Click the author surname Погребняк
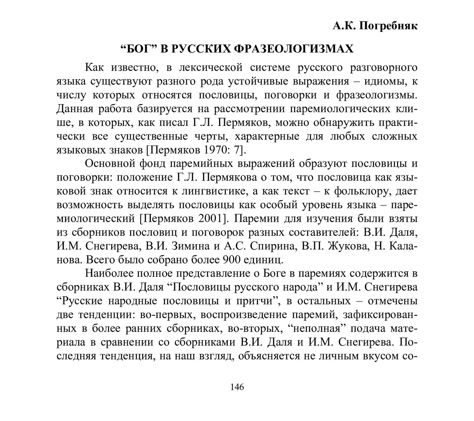387,26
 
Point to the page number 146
237,387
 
